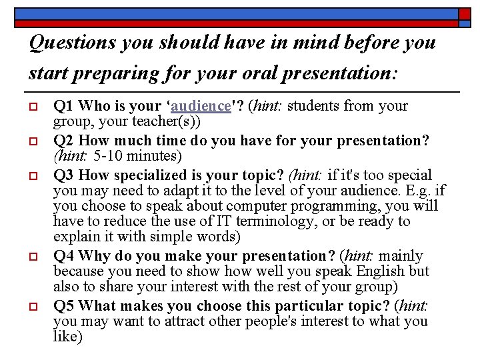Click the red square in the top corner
[x=465, y=13]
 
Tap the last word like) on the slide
[x=67, y=337]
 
